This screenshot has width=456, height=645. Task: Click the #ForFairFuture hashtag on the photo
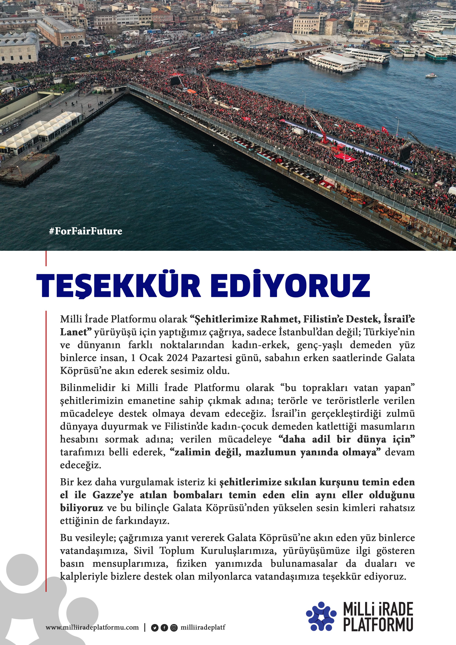click(85, 231)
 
